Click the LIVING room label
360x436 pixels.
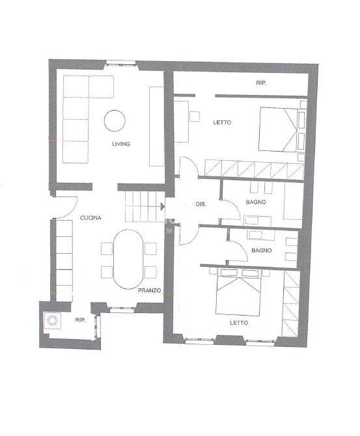tap(121, 144)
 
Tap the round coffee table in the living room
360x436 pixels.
tap(115, 120)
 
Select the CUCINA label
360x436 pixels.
tap(90, 218)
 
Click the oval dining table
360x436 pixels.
tap(128, 259)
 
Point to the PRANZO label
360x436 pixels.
tap(149, 290)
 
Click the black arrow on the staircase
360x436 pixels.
tap(163, 206)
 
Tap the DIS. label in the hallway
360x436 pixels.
tap(201, 204)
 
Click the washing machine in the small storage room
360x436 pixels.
tap(52, 321)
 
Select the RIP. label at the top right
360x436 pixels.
tap(261, 83)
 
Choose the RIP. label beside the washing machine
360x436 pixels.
tap(80, 320)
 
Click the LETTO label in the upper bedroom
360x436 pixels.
tap(222, 122)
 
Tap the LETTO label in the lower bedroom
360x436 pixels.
tap(239, 323)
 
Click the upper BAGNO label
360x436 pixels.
tap(256, 202)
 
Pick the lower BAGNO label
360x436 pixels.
tap(261, 251)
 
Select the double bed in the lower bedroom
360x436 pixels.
tap(238, 292)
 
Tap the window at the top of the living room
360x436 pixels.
tap(120, 63)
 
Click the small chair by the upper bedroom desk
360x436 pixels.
tap(195, 116)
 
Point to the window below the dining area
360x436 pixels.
tap(122, 308)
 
